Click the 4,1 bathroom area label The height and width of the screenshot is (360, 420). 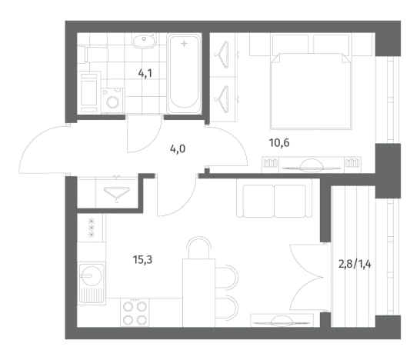tap(145, 73)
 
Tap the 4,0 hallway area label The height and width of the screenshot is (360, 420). tap(178, 148)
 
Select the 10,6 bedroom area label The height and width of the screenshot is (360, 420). tap(279, 143)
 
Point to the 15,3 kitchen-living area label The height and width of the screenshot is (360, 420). tap(142, 259)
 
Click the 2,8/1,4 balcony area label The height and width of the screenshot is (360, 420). tap(355, 265)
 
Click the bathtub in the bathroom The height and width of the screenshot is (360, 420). tap(184, 73)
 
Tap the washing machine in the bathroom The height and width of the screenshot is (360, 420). tap(112, 101)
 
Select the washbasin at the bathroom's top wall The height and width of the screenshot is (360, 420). tap(143, 41)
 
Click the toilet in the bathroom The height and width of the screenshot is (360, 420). tap(96, 55)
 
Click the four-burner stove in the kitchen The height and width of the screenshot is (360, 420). tap(135, 312)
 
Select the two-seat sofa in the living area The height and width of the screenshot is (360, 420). tap(275, 198)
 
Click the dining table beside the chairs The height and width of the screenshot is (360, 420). tap(198, 292)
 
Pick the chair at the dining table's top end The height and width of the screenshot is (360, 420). tap(198, 247)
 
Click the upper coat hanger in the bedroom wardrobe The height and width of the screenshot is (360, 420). tap(222, 55)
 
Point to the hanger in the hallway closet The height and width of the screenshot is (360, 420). tap(117, 193)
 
